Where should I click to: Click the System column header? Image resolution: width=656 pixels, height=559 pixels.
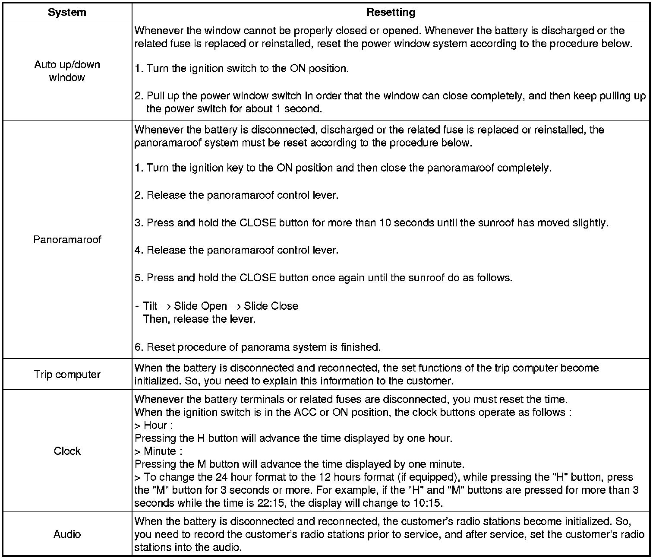(67, 12)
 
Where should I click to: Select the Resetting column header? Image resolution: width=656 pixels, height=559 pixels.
(391, 12)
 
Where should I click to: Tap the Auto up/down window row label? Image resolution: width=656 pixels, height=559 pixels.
(67, 71)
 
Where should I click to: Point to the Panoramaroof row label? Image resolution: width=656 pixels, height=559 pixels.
(67, 239)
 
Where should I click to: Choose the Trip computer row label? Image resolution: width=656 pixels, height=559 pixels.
(67, 375)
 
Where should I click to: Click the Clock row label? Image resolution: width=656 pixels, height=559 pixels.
(67, 451)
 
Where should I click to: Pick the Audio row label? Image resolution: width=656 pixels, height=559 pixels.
(67, 534)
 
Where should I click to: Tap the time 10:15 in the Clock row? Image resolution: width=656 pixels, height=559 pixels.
(428, 503)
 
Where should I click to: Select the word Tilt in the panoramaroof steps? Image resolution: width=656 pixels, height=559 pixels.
(150, 306)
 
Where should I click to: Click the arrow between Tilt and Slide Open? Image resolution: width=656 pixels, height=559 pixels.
(165, 307)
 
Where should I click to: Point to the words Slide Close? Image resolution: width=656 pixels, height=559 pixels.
(271, 306)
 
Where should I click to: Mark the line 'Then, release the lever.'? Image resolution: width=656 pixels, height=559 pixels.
(199, 319)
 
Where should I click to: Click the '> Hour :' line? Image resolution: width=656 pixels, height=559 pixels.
(154, 426)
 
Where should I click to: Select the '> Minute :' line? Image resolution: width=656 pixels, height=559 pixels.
(158, 451)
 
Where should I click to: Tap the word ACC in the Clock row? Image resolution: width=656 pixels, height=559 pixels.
(305, 413)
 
